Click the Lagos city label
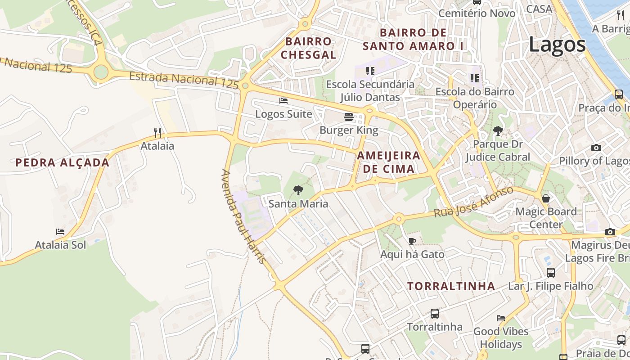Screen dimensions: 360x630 click(x=557, y=45)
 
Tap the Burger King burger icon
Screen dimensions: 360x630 click(x=348, y=117)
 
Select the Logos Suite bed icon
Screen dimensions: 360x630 click(x=283, y=101)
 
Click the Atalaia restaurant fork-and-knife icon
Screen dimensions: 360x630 click(x=157, y=132)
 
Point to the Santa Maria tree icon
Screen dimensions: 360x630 click(x=298, y=190)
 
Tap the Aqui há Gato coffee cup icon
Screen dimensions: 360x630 click(x=412, y=241)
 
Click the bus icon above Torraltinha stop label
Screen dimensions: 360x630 click(x=434, y=313)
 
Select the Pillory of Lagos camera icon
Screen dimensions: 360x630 click(x=596, y=148)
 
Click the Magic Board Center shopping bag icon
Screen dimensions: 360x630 click(x=546, y=198)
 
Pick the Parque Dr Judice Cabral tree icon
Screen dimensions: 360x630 click(x=498, y=131)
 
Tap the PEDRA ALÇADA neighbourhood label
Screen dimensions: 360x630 click(x=63, y=162)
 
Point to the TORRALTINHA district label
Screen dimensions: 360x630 click(x=451, y=286)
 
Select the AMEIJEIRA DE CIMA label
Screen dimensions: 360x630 click(x=388, y=162)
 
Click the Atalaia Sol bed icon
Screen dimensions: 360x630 click(x=60, y=232)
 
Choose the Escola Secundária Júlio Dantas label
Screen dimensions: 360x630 click(x=370, y=90)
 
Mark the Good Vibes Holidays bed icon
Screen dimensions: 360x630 click(x=500, y=318)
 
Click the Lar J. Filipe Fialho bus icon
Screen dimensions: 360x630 click(x=550, y=272)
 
